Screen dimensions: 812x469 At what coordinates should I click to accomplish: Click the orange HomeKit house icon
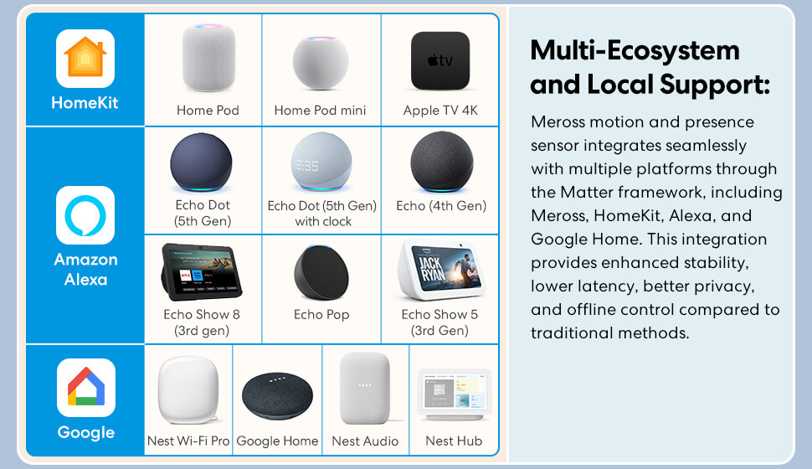pyautogui.click(x=85, y=59)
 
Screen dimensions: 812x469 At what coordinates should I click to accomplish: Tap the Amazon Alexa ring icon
pyautogui.click(x=85, y=215)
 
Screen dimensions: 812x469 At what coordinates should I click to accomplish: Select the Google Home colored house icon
pyautogui.click(x=86, y=388)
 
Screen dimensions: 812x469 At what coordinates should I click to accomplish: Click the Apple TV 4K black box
pyautogui.click(x=440, y=60)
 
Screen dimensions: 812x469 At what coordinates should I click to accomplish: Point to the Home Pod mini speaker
pyautogui.click(x=321, y=63)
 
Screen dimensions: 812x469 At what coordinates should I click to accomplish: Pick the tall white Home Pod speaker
pyautogui.click(x=208, y=58)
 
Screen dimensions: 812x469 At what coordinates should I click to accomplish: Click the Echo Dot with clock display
pyautogui.click(x=321, y=162)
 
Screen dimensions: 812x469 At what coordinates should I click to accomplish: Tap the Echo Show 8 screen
pyautogui.click(x=202, y=272)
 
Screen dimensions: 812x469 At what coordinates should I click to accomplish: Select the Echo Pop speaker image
pyautogui.click(x=321, y=272)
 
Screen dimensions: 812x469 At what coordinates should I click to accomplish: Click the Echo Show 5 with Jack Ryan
pyautogui.click(x=440, y=271)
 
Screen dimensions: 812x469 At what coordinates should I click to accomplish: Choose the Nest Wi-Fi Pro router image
pyautogui.click(x=188, y=389)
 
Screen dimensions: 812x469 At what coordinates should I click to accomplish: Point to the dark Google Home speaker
pyautogui.click(x=278, y=396)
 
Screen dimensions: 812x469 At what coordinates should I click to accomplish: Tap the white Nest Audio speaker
pyautogui.click(x=365, y=389)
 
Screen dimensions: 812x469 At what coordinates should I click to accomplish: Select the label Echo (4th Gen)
pyautogui.click(x=441, y=206)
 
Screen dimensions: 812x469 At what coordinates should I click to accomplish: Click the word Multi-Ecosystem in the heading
pyautogui.click(x=635, y=50)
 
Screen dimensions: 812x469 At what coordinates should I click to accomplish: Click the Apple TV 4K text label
pyautogui.click(x=440, y=111)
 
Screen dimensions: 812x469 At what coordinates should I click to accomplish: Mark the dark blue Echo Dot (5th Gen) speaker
pyautogui.click(x=202, y=162)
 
